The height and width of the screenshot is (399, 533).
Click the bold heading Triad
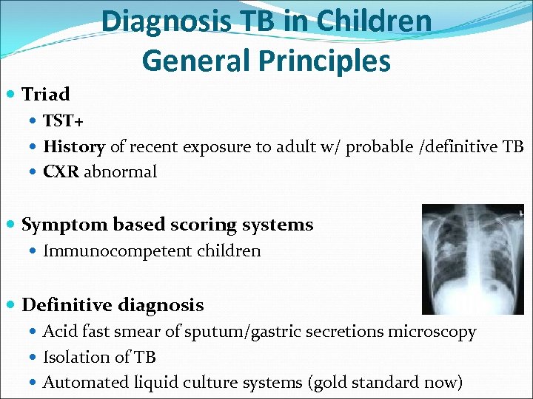pos(46,95)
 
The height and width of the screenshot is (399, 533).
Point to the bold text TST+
pos(64,121)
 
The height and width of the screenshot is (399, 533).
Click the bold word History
pos(74,146)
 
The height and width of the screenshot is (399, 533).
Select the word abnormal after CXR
pos(121,171)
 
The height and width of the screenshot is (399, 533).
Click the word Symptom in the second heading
pos(57,225)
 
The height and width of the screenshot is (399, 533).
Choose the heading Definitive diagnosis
pos(113,305)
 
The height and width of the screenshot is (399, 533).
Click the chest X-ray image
pos(472,259)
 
